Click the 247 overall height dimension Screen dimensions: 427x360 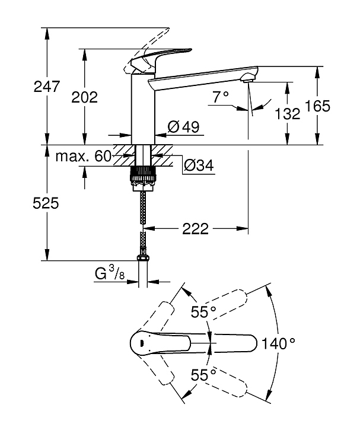pos(47,87)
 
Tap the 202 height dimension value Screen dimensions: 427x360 pos(84,97)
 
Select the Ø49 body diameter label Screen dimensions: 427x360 pos(183,126)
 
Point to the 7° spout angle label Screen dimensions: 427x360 pos(221,96)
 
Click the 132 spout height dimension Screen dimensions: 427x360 pos(289,113)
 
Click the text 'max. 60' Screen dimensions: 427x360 pos(84,157)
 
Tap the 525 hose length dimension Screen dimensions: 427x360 pos(46,203)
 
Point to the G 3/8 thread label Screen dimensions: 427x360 pos(110,273)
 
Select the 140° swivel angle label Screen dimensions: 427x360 pos(281,343)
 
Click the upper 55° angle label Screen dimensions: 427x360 pos(203,312)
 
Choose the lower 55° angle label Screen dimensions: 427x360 pos(203,374)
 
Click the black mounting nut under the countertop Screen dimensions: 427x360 pos(142,174)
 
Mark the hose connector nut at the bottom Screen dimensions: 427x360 pos(142,258)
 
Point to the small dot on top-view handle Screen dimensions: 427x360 pos(141,343)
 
